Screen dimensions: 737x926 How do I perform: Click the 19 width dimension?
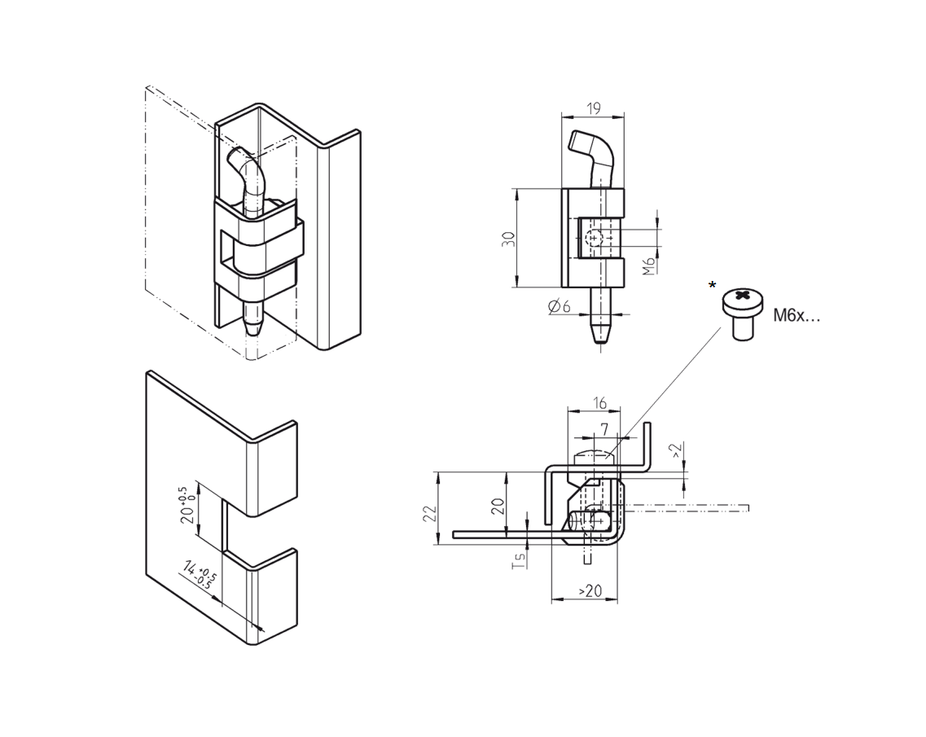[593, 107]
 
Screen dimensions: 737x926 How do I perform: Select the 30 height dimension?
[509, 239]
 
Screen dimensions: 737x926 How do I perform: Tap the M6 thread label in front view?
[648, 265]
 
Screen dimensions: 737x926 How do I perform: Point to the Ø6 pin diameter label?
[560, 306]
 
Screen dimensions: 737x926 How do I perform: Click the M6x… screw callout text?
[797, 316]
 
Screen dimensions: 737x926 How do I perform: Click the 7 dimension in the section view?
[603, 428]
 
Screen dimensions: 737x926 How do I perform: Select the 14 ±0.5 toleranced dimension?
[197, 573]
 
